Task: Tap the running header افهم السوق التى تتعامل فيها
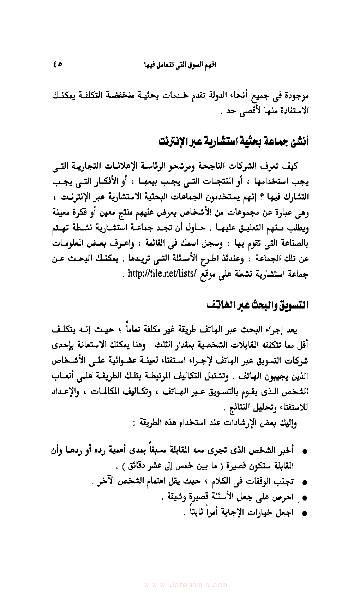click(180, 65)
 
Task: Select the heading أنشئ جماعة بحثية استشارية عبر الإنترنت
click(234, 141)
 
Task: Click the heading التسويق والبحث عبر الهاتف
click(258, 305)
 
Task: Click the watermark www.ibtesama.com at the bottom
click(185, 585)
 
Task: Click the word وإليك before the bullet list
click(288, 423)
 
